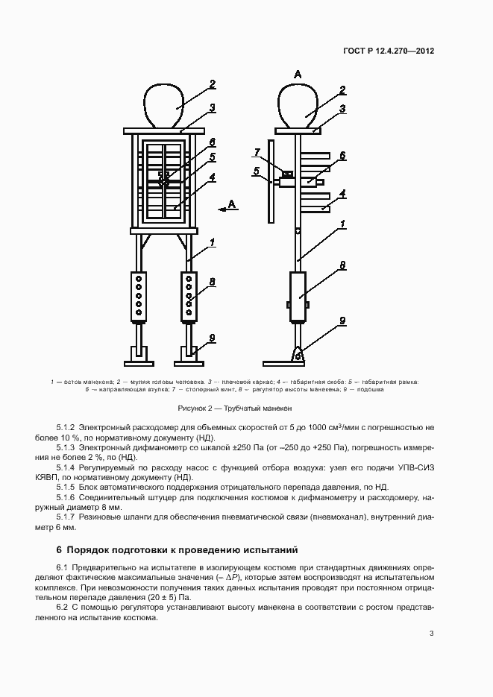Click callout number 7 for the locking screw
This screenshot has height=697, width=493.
coord(257,153)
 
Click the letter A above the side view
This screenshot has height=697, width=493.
coord(298,75)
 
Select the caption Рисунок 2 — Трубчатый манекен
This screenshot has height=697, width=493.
coord(235,409)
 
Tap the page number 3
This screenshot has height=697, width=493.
coord(431,634)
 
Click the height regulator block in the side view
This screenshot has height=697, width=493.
coord(298,297)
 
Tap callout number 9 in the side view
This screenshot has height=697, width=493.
coord(342,321)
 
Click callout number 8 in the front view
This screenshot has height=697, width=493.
coord(212,282)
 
